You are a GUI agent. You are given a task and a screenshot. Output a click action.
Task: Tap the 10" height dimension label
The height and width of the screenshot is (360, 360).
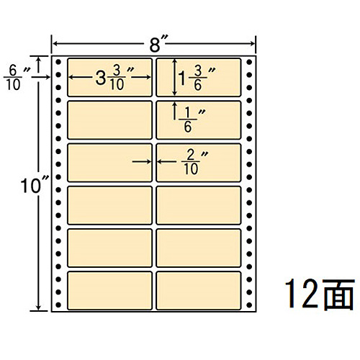pyautogui.click(x=35, y=186)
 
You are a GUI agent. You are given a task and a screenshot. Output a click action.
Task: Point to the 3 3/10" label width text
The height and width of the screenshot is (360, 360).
pyautogui.click(x=114, y=78)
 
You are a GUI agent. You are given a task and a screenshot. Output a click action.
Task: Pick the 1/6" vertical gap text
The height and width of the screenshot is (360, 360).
pyautogui.click(x=192, y=120)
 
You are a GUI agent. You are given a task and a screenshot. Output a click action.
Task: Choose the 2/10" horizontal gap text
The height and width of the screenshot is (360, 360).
pyautogui.click(x=194, y=162)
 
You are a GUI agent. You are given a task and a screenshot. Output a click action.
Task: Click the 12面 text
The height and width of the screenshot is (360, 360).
pyautogui.click(x=320, y=294)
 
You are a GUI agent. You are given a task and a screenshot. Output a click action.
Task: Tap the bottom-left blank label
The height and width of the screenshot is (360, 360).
pyautogui.click(x=109, y=290)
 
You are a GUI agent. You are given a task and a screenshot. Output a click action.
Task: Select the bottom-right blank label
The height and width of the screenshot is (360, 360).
pyautogui.click(x=198, y=290)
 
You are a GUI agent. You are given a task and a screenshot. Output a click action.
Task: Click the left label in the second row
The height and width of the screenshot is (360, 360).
pyautogui.click(x=109, y=120)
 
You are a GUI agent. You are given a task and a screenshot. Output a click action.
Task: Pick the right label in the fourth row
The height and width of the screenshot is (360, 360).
pyautogui.click(x=198, y=205)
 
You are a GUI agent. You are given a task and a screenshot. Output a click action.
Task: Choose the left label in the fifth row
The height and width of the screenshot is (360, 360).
pyautogui.click(x=109, y=248)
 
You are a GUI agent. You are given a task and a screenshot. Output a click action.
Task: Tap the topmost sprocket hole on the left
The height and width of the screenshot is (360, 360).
pyautogui.click(x=58, y=62)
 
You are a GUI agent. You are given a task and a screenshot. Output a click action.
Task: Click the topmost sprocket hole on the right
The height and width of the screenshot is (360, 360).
pyautogui.click(x=249, y=62)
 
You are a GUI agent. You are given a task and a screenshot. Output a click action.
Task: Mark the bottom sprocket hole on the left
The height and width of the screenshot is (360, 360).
pyautogui.click(x=58, y=305)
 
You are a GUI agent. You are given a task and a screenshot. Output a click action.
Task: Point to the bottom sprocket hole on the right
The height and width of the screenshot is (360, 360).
pyautogui.click(x=249, y=305)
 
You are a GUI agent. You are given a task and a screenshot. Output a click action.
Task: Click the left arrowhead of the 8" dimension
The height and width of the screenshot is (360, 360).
pyautogui.click(x=55, y=44)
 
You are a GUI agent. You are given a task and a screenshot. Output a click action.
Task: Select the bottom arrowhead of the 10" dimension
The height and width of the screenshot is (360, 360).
pyautogui.click(x=38, y=307)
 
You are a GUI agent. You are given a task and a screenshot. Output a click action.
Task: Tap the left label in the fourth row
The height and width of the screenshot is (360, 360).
pyautogui.click(x=109, y=205)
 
